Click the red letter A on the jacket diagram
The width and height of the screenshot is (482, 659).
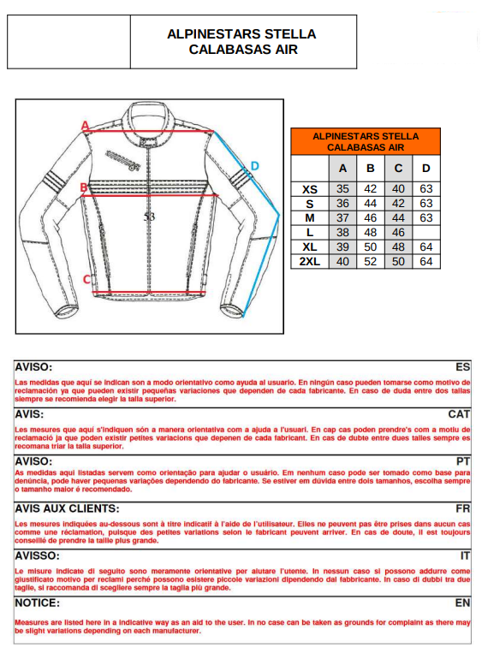86,125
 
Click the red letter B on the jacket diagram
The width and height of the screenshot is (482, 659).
84,186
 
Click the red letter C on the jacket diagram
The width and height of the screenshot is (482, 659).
86,278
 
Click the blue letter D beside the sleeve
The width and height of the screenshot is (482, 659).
254,166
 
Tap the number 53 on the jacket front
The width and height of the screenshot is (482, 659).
150,217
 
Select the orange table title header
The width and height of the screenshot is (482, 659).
366,141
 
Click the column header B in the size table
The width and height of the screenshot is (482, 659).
371,168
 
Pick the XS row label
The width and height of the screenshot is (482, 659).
309,189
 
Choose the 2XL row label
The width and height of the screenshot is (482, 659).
309,261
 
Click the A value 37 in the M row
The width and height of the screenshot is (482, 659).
342,218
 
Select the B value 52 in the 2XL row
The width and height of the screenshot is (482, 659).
371,261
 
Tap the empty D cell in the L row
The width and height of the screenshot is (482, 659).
425,232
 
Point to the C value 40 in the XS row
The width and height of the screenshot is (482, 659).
398,189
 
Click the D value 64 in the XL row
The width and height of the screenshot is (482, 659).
425,246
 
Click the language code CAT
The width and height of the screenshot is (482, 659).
459,413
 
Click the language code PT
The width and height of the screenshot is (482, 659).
463,460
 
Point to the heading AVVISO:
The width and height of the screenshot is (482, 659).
39,555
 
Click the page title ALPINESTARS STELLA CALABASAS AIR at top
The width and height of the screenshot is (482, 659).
242,41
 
